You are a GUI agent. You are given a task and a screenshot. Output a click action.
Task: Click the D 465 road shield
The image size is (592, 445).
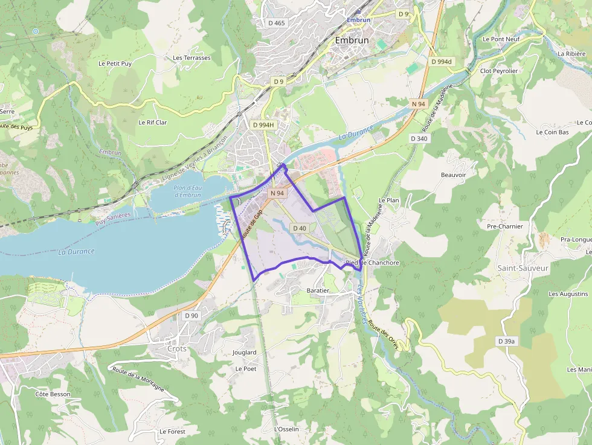275,23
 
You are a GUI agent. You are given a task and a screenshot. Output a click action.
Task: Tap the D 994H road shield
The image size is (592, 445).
263,124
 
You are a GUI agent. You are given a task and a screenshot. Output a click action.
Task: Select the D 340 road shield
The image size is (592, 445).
419,138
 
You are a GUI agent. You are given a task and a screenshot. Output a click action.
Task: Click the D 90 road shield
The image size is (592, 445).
191,316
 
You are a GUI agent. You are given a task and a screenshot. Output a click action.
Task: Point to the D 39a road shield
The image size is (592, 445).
506,341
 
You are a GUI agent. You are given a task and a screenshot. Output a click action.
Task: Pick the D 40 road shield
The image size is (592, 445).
299,228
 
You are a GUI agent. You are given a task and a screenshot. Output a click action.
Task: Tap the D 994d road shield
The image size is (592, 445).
442,62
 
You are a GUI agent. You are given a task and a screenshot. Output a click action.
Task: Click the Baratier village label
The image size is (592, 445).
318,290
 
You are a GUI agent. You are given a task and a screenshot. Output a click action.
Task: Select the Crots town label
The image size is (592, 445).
176,348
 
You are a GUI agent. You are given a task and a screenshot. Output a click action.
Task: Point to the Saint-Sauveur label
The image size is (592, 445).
523,267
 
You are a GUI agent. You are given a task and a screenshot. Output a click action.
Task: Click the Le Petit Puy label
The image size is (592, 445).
115,63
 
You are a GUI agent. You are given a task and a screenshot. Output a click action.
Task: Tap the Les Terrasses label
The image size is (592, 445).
191,58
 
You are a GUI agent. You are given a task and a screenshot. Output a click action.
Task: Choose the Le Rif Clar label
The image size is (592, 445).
152,122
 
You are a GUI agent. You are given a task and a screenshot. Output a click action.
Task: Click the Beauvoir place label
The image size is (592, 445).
454,174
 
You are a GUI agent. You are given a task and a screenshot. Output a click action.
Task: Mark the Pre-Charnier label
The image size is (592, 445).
504,226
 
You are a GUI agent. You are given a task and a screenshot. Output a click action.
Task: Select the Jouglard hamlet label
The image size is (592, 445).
245,352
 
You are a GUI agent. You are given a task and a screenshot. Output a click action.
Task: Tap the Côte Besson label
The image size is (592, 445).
53,394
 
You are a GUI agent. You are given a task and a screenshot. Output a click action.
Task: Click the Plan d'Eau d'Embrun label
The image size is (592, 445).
187,191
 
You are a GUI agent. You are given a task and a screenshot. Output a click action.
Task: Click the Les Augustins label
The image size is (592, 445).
568,293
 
